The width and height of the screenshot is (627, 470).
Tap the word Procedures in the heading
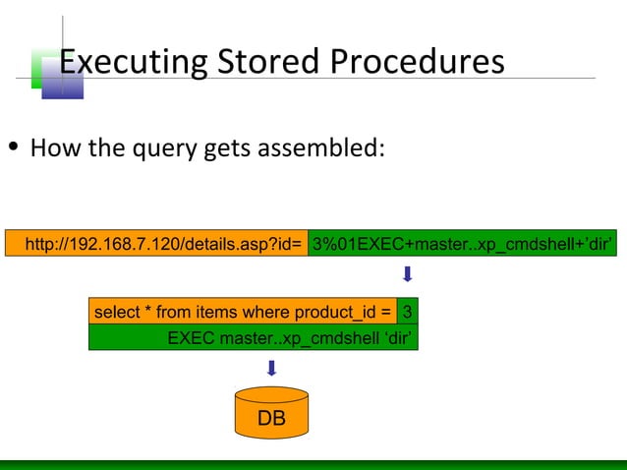pos(417,62)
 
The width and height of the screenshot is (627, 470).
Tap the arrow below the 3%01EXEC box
pos(406,272)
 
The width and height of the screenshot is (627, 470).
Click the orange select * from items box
pos(243,313)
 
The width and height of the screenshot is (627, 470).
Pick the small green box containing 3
pos(408,313)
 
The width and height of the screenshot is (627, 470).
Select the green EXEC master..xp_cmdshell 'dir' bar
pos(254,338)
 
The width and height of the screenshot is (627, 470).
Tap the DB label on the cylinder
pos(271,419)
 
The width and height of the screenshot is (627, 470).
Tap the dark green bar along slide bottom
pos(313,464)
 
